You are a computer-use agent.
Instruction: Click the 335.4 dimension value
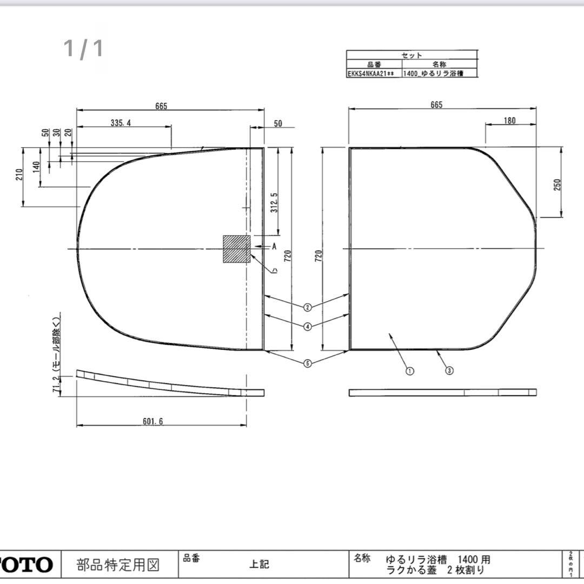point(121,123)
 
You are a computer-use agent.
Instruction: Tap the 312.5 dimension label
point(275,202)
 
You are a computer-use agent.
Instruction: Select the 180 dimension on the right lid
point(509,121)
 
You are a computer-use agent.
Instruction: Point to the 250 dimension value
point(558,184)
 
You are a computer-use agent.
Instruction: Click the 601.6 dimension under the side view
point(152,421)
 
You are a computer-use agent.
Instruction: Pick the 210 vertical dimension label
point(19,174)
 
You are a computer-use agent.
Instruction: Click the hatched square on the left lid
point(236,249)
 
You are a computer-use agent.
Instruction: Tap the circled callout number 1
point(409,371)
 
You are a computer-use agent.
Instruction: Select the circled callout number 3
point(449,370)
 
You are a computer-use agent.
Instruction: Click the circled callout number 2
point(307,307)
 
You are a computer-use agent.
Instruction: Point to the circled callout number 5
point(307,363)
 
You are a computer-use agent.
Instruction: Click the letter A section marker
point(274,247)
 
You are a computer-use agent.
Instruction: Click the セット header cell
point(412,55)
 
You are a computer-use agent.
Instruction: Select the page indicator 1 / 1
point(83,49)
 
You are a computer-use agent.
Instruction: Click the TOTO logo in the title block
point(27,565)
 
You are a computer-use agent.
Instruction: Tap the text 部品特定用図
point(118,565)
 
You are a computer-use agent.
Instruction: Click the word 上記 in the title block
point(259,565)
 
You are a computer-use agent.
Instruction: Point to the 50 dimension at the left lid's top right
point(277,124)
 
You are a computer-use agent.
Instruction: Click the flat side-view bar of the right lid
point(442,393)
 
